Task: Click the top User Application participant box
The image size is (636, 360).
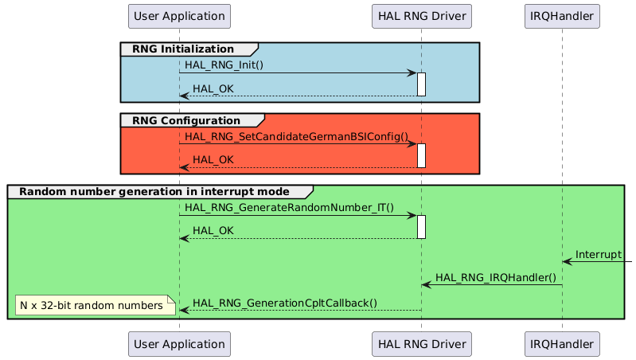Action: [x=179, y=16]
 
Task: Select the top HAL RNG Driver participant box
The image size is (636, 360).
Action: [x=421, y=16]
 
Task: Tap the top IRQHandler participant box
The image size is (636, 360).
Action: [x=562, y=16]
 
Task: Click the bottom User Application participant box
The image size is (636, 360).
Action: [x=179, y=344]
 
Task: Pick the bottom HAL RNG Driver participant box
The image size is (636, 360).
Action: [x=421, y=344]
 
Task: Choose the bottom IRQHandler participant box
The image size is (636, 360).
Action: [x=562, y=344]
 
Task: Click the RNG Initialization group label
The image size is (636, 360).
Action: [x=184, y=49]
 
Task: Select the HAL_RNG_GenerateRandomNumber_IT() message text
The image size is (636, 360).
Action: [x=289, y=207]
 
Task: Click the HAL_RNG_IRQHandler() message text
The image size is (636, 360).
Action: [x=495, y=277]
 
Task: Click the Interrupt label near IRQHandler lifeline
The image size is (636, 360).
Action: [x=599, y=254]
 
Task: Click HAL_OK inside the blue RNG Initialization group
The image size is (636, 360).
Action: [x=213, y=88]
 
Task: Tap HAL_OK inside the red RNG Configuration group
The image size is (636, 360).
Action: [x=213, y=159]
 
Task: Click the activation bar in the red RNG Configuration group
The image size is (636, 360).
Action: [x=421, y=155]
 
